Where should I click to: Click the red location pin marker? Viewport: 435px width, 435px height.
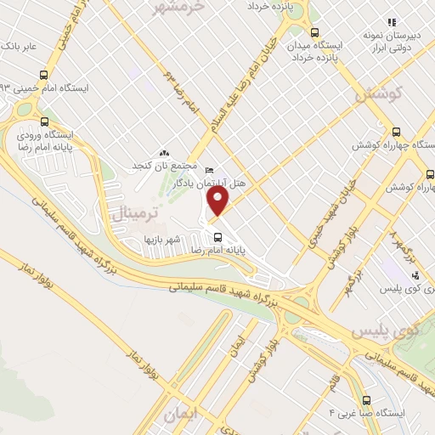pos(218,201)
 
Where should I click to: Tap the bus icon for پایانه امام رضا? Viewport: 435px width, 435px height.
pos(218,237)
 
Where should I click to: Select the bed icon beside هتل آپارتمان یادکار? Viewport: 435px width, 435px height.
pos(210,171)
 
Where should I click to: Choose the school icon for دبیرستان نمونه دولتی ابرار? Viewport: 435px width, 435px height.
pos(391,22)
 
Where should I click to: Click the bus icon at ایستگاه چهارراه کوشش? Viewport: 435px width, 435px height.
pos(396,132)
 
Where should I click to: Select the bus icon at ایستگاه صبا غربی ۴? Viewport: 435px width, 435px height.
pos(366,399)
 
